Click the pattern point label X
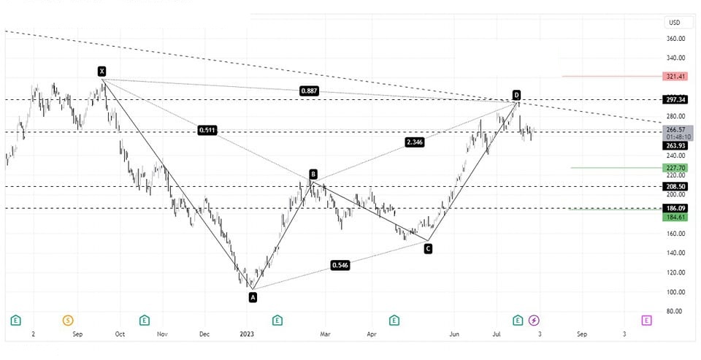(101, 71)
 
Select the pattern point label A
(253, 297)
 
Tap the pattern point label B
(313, 174)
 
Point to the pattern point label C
(428, 249)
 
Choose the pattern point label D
(516, 95)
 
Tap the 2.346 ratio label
(414, 142)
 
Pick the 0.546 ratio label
(340, 265)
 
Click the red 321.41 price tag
(675, 76)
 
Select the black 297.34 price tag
(675, 99)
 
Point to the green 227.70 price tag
(675, 167)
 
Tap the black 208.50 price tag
(675, 186)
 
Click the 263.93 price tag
(675, 145)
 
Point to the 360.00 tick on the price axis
(675, 39)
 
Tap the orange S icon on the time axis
(68, 320)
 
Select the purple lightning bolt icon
(534, 320)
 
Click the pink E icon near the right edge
(646, 320)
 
